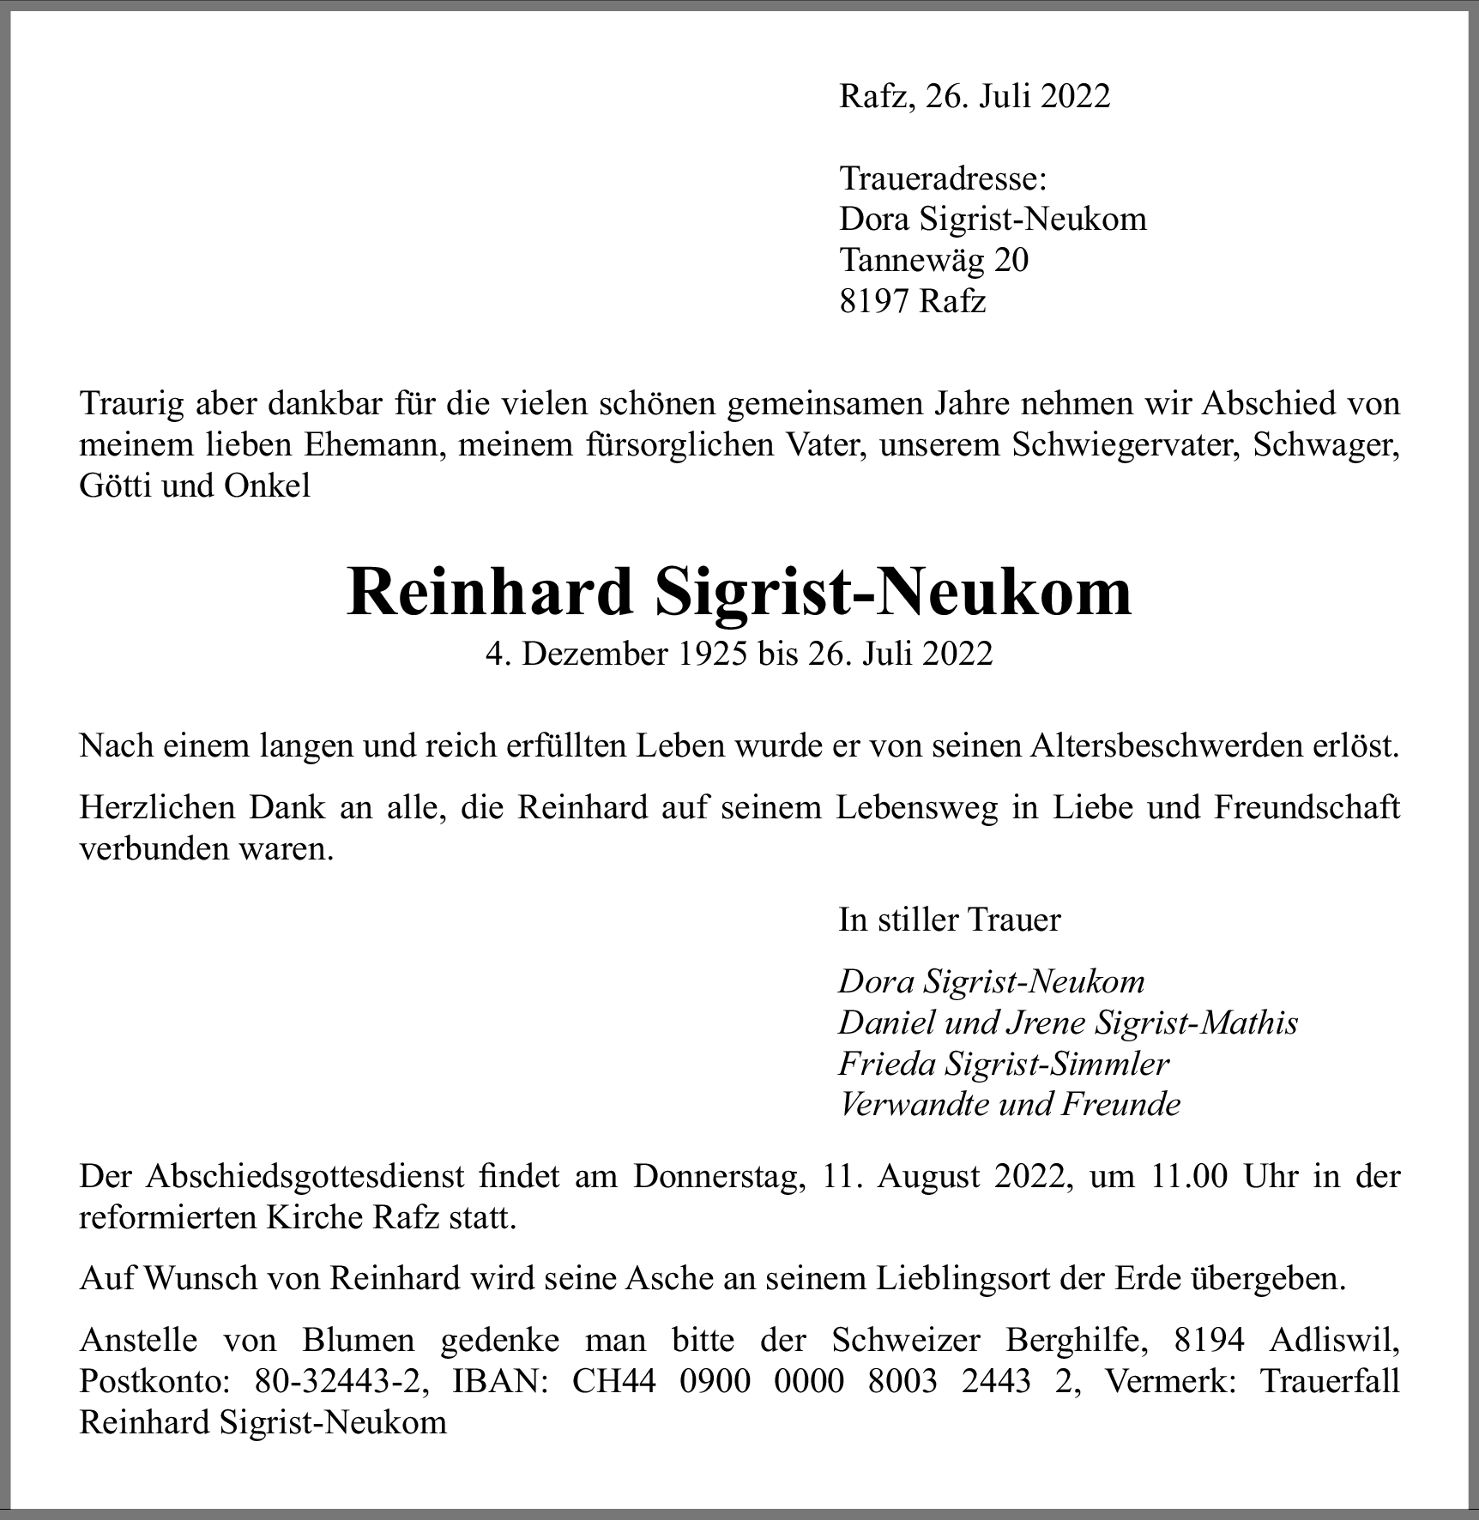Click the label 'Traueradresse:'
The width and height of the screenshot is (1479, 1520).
click(x=942, y=178)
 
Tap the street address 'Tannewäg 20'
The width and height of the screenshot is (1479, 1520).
click(x=933, y=260)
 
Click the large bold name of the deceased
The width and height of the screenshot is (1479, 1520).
click(x=739, y=592)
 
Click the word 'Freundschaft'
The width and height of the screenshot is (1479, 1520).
click(x=1307, y=808)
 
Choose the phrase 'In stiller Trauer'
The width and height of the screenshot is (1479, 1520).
click(x=949, y=920)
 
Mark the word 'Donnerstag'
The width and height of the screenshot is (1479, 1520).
click(x=721, y=1176)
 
